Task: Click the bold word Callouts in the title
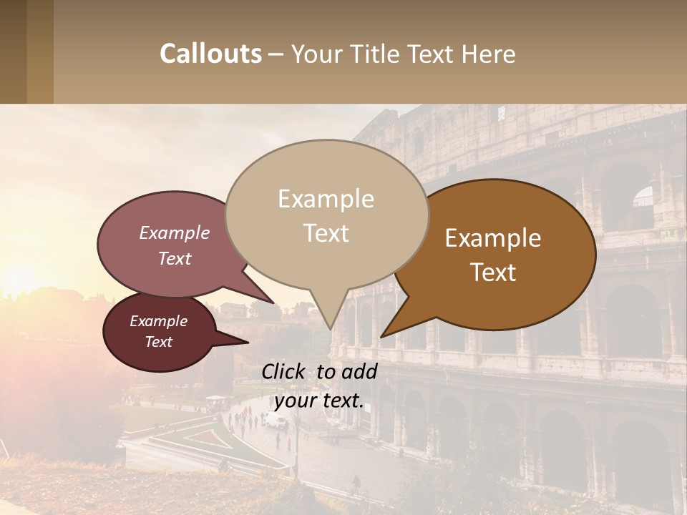pyautogui.click(x=210, y=54)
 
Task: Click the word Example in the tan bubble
pyautogui.click(x=326, y=199)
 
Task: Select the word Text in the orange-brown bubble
pyautogui.click(x=494, y=273)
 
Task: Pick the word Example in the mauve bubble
pyautogui.click(x=175, y=233)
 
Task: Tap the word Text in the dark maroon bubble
pyautogui.click(x=159, y=342)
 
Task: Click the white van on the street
pyautogui.click(x=274, y=421)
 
